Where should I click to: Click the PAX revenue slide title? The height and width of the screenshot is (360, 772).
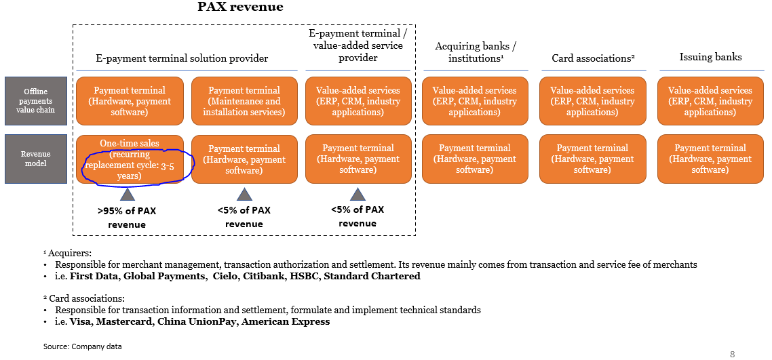[x=240, y=7]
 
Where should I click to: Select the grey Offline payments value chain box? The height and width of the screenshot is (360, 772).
[x=36, y=101]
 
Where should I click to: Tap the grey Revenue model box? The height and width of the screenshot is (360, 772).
[x=36, y=159]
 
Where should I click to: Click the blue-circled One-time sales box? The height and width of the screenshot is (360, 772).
[x=129, y=159]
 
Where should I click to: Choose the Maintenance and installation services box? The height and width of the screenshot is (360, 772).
[x=244, y=101]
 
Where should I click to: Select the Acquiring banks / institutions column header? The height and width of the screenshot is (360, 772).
[x=475, y=52]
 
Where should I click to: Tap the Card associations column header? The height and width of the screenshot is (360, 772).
[x=593, y=58]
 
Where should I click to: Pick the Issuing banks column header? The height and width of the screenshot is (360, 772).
[x=710, y=57]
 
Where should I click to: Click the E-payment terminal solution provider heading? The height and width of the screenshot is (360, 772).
[x=182, y=58]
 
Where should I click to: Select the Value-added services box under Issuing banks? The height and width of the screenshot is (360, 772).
[x=710, y=101]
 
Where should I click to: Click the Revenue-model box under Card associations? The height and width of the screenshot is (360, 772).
[x=592, y=159]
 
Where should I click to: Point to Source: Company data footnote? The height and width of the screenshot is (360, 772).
[x=83, y=346]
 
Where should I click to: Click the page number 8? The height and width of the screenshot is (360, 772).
[x=732, y=354]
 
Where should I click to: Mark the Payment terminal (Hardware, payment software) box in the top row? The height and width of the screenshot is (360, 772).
[x=129, y=101]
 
